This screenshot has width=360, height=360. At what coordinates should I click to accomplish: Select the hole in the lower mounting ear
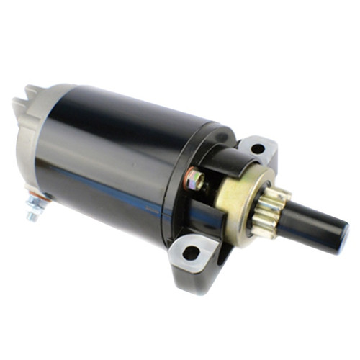coord(190,253)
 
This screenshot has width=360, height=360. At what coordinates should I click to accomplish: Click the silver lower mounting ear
coord(194,256)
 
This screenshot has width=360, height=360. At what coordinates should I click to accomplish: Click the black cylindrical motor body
coord(122,144)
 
